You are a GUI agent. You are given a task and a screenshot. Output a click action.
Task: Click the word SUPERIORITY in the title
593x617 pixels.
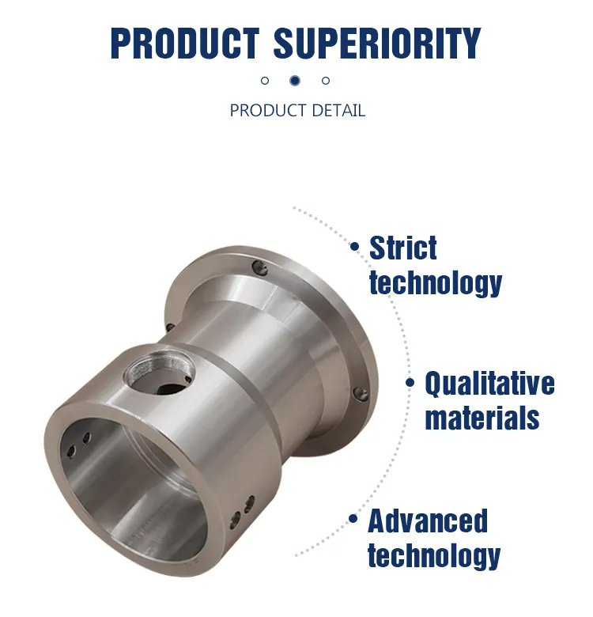coord(377,44)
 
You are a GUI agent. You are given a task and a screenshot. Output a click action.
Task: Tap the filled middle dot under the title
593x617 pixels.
coord(295,80)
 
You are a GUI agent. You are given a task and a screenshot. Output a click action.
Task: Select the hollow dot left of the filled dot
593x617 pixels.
coord(265,81)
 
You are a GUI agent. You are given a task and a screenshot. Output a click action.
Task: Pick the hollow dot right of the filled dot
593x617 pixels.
coord(326,81)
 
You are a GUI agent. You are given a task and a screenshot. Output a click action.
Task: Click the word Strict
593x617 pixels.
coord(403,248)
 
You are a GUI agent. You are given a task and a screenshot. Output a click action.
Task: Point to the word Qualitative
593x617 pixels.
coord(489,384)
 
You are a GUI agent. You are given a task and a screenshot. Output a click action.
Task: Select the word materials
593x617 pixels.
coord(482,417)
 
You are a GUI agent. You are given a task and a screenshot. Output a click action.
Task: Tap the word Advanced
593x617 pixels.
coord(428,521)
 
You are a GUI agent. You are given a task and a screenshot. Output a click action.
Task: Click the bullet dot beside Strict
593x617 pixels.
coord(355,247)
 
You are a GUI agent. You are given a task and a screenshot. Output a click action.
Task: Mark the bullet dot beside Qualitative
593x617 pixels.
coord(410,383)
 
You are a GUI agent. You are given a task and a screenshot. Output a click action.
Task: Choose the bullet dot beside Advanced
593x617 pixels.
coord(353,520)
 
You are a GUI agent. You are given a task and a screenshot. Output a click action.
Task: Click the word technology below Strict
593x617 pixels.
coord(436,282)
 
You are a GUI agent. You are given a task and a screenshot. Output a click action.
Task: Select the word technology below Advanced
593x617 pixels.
coord(434,555)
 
